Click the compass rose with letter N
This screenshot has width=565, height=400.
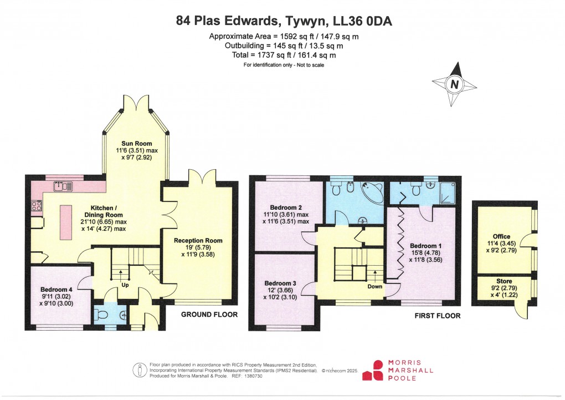[x=455, y=84]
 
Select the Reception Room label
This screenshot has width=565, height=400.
[x=198, y=240]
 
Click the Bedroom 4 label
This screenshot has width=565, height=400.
[x=56, y=289]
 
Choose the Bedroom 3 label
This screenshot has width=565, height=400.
[x=280, y=283]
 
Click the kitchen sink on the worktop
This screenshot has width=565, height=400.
[x=62, y=186]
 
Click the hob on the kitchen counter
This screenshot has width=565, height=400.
[x=37, y=206]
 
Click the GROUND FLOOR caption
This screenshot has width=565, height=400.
[x=209, y=315]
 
